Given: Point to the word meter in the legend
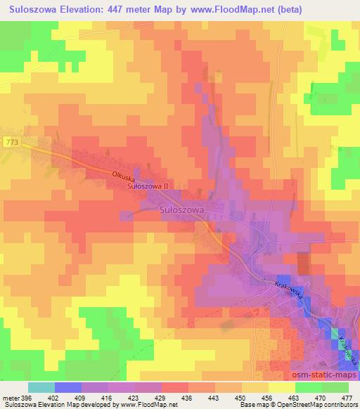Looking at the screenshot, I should coord(12,398).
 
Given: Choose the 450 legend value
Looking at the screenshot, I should coord(241,398).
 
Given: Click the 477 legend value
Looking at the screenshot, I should coord(346,398).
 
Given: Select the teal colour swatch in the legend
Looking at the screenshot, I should coord(41,387).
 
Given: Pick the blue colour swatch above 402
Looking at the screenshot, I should coord(68,387).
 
